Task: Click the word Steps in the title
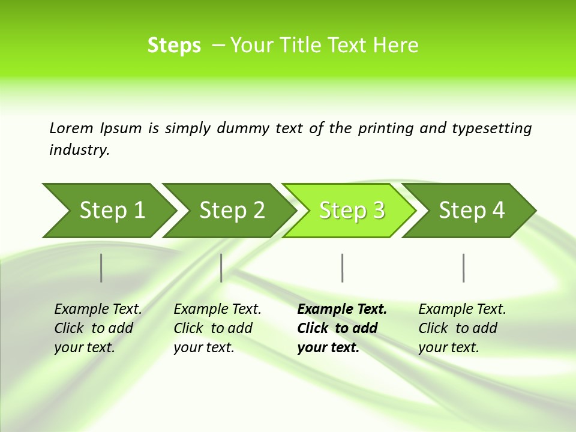coord(174,46)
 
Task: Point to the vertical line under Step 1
coord(101,268)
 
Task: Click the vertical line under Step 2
coord(221,268)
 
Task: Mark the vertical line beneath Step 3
coord(342,268)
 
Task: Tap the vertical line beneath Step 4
coord(463,268)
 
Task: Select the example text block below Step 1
coord(98,328)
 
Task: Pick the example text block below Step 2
coord(217,328)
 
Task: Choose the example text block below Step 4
coord(462,328)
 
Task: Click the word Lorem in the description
coord(71,128)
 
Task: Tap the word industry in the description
coord(79,150)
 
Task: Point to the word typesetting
coord(491,128)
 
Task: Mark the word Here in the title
coord(396,46)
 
